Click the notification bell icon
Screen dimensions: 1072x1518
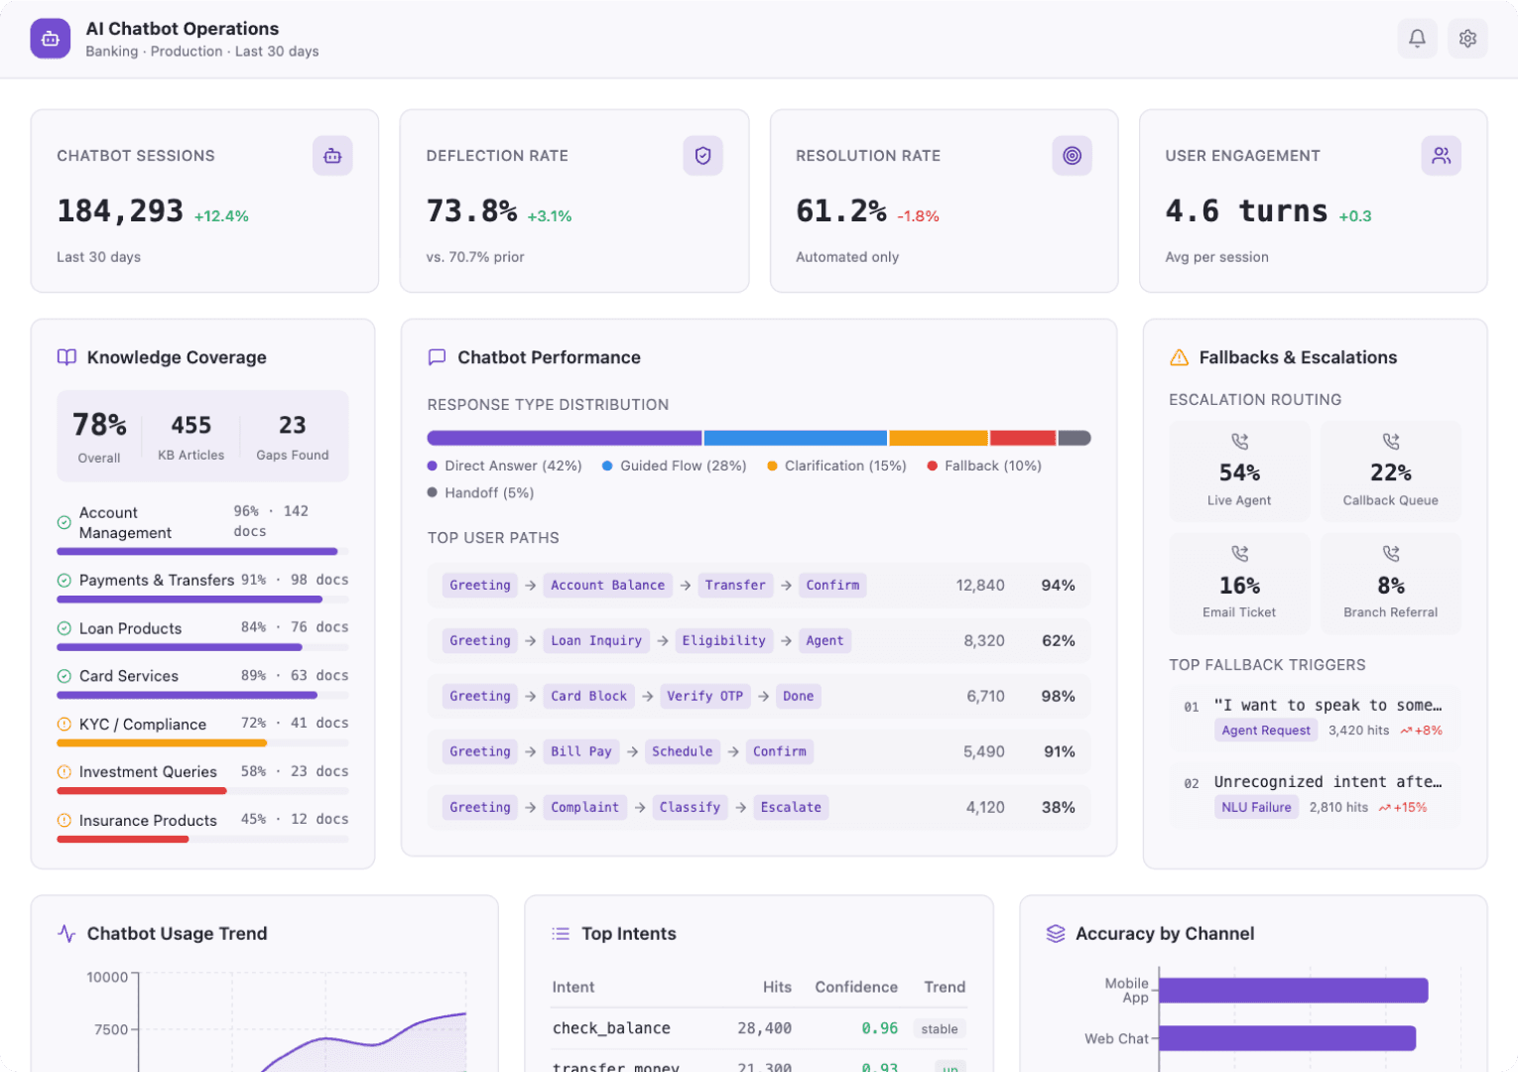pyautogui.click(x=1417, y=39)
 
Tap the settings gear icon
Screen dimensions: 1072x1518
pyautogui.click(x=1467, y=39)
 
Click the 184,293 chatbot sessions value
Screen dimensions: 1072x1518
pyautogui.click(x=120, y=211)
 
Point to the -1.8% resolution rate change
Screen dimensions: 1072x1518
pyautogui.click(x=918, y=216)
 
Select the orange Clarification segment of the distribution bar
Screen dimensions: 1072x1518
pyautogui.click(x=939, y=438)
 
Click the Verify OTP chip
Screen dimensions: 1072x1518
pyautogui.click(x=704, y=697)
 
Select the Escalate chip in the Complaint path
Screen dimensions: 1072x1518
pyautogui.click(x=791, y=808)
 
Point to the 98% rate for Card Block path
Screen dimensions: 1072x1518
pyautogui.click(x=1058, y=697)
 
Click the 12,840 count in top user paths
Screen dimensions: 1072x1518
pyautogui.click(x=979, y=586)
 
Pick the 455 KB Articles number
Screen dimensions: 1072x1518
pyautogui.click(x=191, y=426)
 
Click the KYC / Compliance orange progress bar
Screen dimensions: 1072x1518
pyautogui.click(x=162, y=742)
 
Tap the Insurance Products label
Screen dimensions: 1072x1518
pyautogui.click(x=148, y=821)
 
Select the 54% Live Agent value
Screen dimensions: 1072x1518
pyautogui.click(x=1239, y=473)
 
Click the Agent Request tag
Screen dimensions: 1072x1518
pyautogui.click(x=1266, y=731)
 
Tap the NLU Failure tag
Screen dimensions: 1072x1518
pyautogui.click(x=1256, y=808)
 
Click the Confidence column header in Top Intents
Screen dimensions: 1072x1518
pyautogui.click(x=855, y=988)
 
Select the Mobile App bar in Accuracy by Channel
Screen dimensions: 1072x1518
pyautogui.click(x=1293, y=991)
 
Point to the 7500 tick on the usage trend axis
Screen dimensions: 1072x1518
pyautogui.click(x=111, y=1030)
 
